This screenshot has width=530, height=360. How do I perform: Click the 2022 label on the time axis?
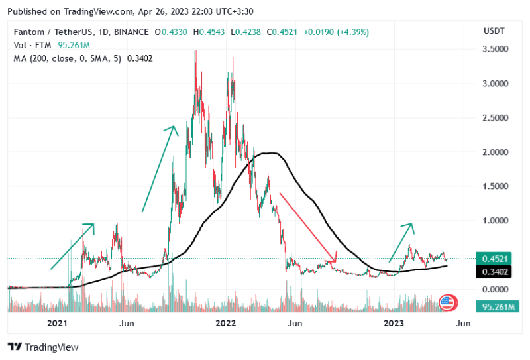pyautogui.click(x=226, y=323)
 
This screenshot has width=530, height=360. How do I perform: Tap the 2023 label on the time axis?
pyautogui.click(x=394, y=323)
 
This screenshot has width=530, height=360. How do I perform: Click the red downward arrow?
pyautogui.click(x=308, y=226)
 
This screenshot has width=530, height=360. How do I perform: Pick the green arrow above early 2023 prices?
pyautogui.click(x=401, y=241)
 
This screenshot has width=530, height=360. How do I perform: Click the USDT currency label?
pyautogui.click(x=494, y=31)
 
